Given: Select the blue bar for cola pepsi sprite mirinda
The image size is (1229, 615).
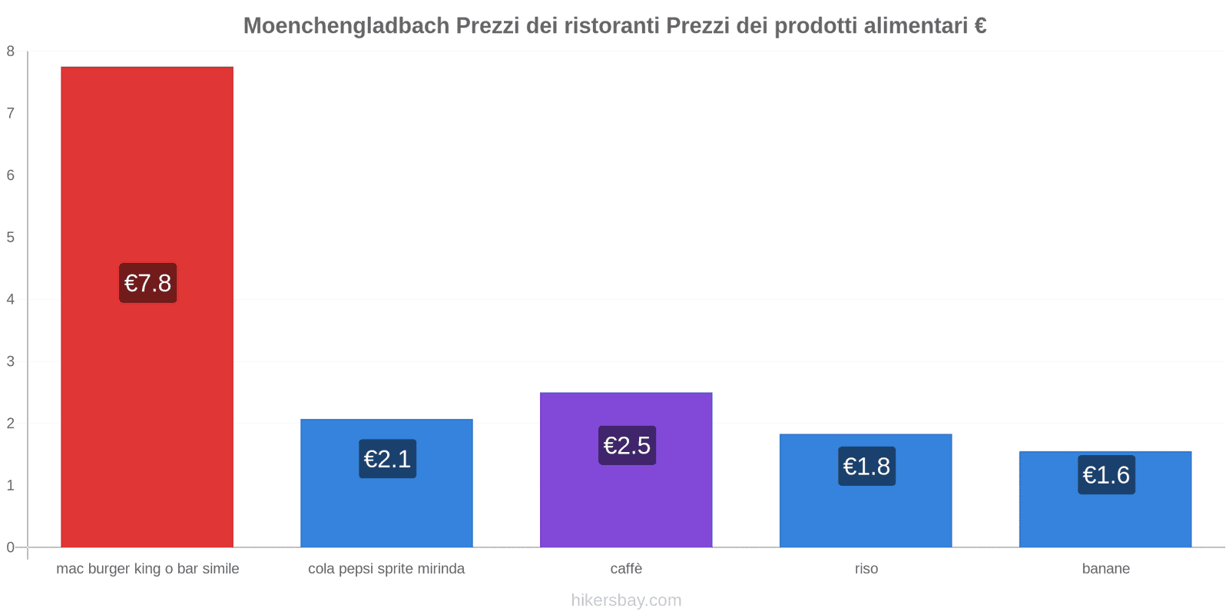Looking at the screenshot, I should tap(386, 507).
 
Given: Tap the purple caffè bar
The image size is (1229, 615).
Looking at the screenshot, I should tap(626, 500).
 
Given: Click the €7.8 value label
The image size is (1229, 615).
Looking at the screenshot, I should tap(147, 283).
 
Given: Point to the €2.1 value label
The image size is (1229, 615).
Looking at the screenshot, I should tap(387, 459).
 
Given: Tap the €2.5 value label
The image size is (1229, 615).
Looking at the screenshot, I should tap(627, 445).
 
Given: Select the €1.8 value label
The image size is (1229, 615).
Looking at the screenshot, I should tap(866, 466).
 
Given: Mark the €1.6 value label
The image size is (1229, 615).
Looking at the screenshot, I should tap(1106, 475).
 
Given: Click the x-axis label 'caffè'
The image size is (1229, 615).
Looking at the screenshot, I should tap(626, 569).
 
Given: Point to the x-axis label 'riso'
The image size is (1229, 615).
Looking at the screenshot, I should tap(866, 569).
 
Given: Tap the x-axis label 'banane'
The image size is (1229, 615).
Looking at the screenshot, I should tap(1105, 569).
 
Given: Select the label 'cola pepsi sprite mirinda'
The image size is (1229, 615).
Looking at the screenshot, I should tap(386, 569).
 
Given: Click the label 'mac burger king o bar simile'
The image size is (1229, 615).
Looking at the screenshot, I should tap(147, 569).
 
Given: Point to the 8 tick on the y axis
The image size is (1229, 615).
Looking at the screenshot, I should tap(11, 52).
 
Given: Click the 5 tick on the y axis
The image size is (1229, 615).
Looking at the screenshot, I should tap(11, 238).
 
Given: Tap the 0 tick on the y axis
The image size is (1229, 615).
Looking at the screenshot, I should tap(11, 547).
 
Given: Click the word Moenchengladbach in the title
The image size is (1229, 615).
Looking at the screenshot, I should tap(346, 26).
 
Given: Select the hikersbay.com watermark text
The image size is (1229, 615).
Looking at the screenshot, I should tap(626, 600).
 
